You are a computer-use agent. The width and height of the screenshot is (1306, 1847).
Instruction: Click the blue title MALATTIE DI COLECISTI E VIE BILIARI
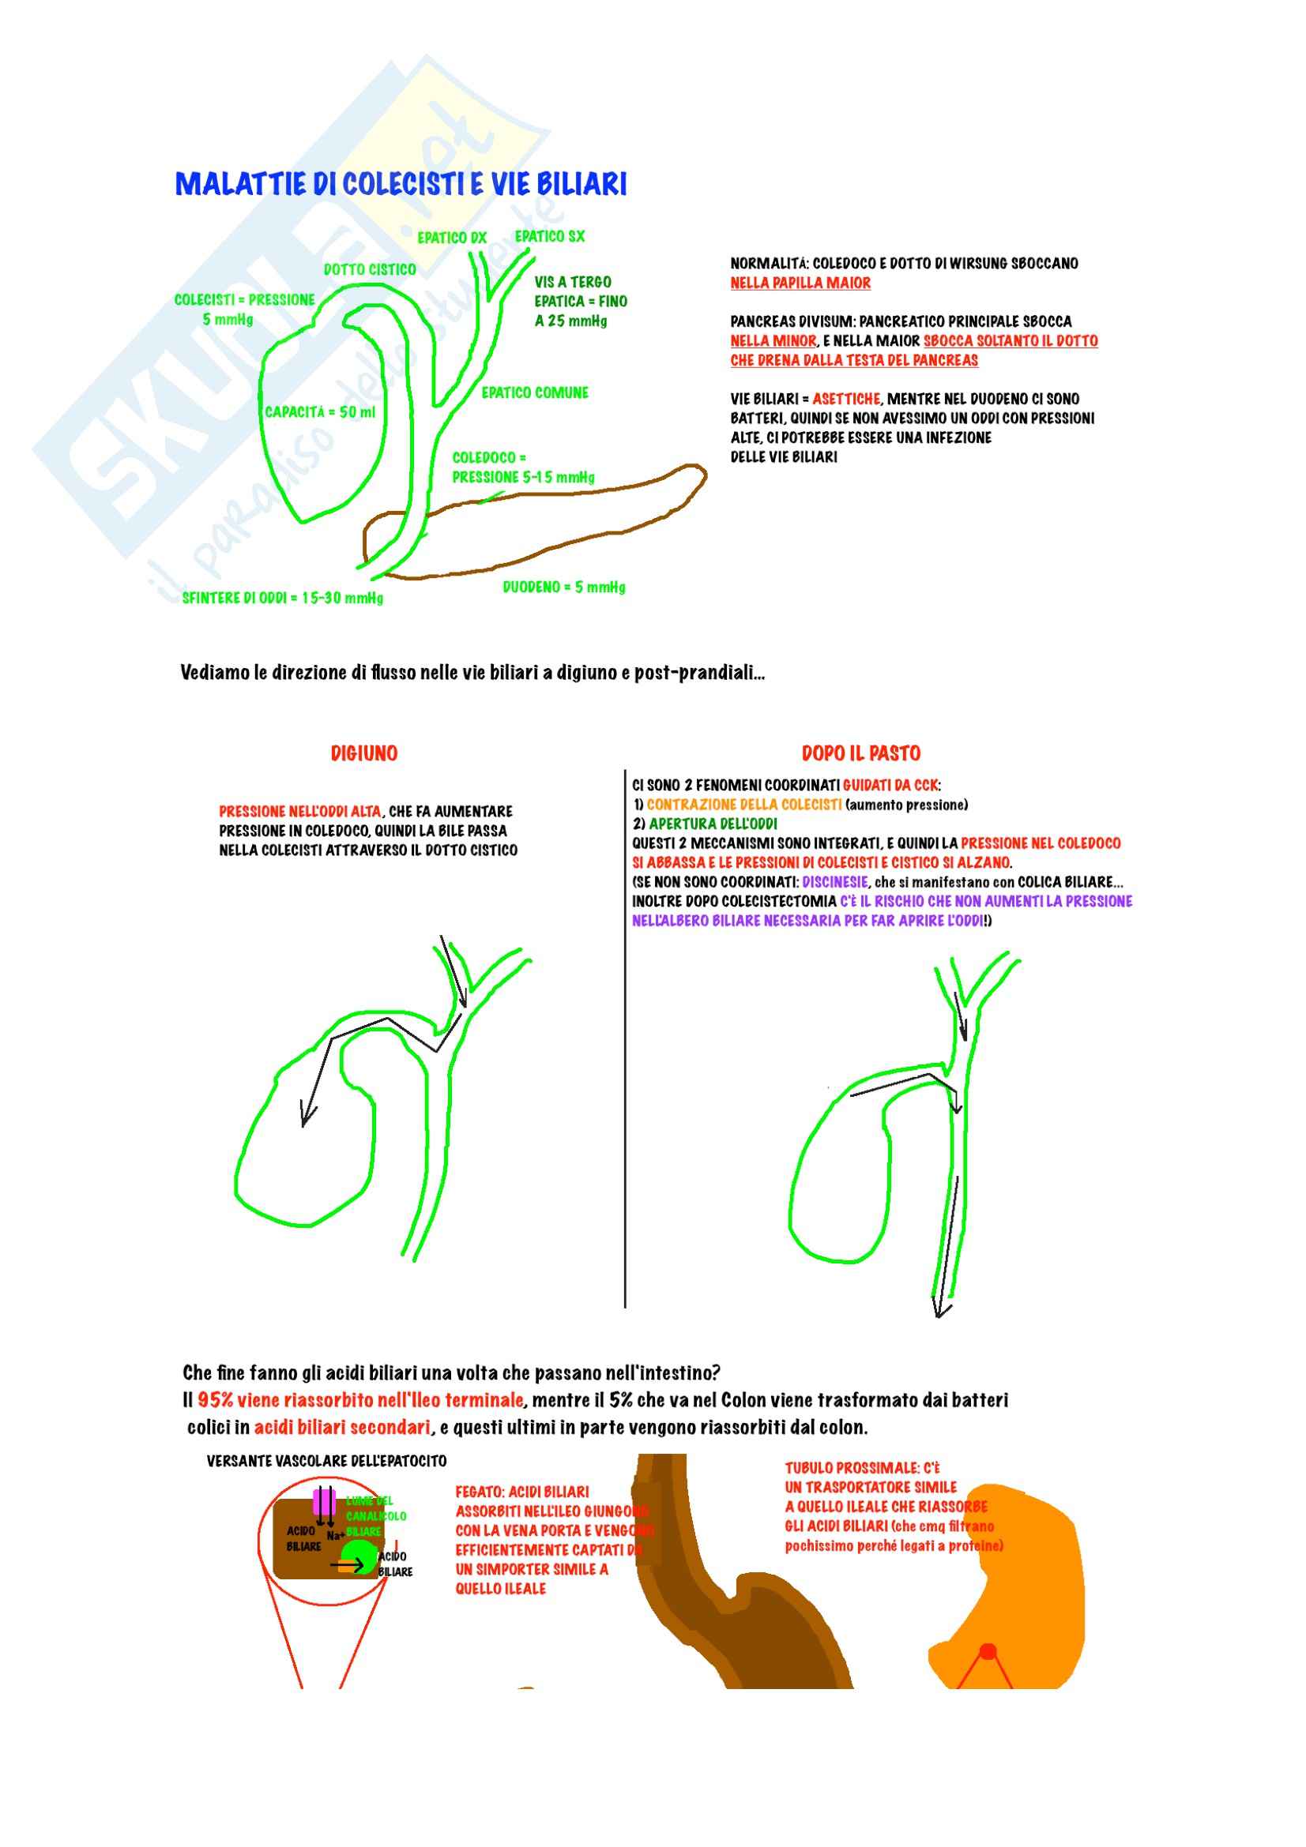tap(401, 184)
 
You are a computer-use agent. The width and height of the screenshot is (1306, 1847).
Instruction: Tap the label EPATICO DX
tap(451, 238)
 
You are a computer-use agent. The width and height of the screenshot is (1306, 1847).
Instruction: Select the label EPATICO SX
tap(550, 237)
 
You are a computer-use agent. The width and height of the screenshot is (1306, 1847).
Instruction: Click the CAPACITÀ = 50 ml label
tap(319, 412)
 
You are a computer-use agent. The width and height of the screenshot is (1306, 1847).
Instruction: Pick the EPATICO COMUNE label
tap(534, 392)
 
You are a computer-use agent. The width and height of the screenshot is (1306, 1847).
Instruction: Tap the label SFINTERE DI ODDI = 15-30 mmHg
tap(282, 598)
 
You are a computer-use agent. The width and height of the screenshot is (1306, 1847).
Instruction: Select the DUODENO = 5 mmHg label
tap(563, 588)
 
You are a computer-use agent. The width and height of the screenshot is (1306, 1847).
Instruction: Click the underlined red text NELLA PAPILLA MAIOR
tap(800, 283)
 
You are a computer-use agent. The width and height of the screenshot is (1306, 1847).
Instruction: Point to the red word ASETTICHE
tap(846, 399)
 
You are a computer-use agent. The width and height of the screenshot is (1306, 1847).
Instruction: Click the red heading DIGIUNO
tap(363, 754)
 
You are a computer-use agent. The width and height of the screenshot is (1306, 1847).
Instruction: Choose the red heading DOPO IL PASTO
tap(860, 754)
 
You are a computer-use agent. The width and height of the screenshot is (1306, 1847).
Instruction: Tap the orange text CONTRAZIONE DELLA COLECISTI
tap(743, 805)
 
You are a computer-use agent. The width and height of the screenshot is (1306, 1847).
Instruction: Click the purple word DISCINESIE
tap(834, 883)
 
